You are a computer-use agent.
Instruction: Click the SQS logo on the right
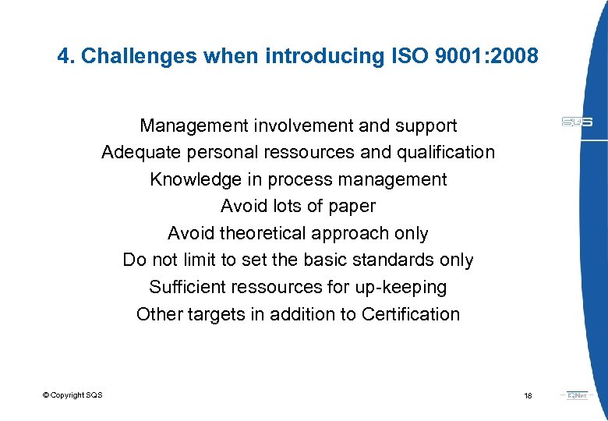click(577, 122)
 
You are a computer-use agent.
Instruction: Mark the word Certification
click(411, 314)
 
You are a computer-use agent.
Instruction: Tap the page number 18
click(528, 396)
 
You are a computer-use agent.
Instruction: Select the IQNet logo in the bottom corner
click(578, 395)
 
